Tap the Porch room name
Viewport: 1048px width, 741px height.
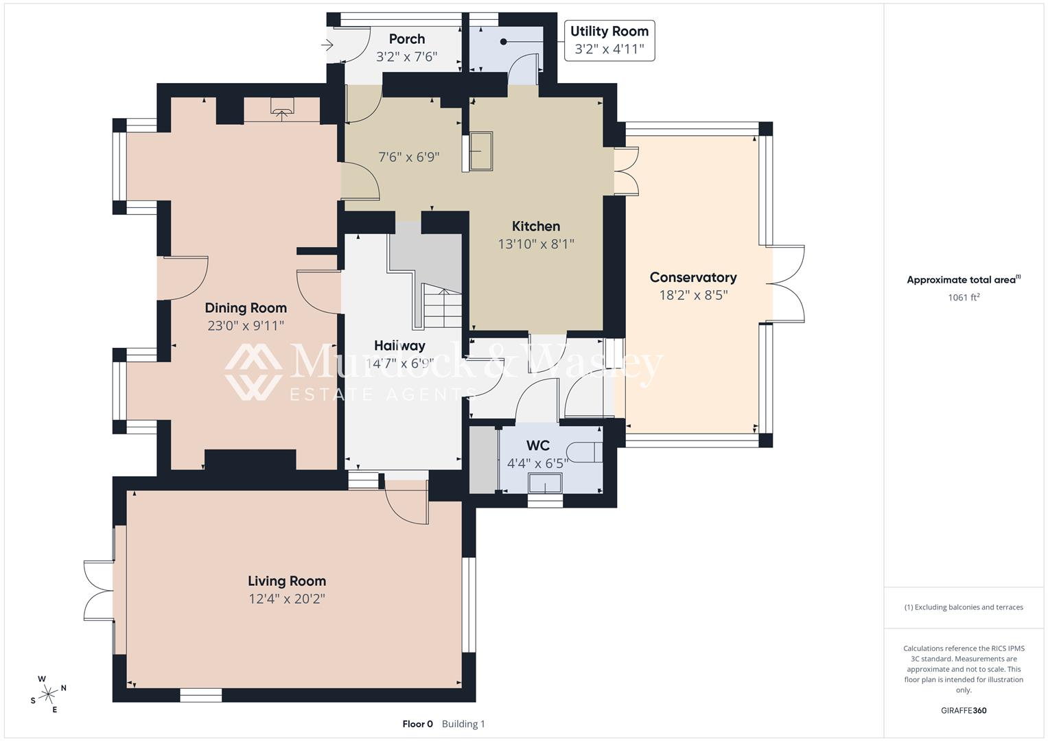[406, 39]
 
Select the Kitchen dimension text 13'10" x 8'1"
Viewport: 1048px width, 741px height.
[535, 244]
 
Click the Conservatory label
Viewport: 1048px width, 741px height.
[692, 277]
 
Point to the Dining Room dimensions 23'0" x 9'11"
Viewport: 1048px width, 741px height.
[246, 326]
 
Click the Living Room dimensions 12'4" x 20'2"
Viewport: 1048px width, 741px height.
[286, 599]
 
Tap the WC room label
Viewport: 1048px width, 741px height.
[537, 446]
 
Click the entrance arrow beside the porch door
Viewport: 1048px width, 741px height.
[327, 45]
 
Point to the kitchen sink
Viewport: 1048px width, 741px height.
[481, 151]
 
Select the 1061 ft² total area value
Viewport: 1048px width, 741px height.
[963, 298]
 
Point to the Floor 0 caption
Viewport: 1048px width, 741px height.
[417, 724]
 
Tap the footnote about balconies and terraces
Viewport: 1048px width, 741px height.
[963, 607]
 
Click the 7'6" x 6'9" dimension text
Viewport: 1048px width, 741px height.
[409, 157]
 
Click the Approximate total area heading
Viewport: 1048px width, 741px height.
[963, 280]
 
